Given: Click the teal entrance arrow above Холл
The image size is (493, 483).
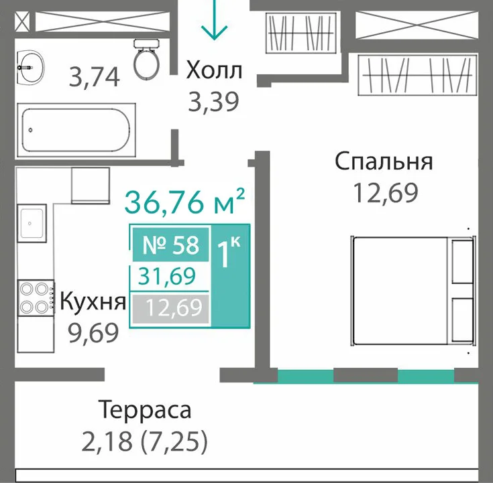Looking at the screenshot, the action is (214, 19).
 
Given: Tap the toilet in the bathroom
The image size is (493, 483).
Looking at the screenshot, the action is (146, 59).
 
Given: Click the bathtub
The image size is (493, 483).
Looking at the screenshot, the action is (76, 130).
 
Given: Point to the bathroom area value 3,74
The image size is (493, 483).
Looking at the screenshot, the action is (94, 76).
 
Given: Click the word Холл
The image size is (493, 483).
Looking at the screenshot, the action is (214, 70).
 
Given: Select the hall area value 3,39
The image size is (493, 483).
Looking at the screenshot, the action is (214, 101).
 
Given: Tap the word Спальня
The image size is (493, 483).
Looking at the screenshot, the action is (384, 162).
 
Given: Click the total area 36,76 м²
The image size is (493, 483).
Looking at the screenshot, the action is (184, 201).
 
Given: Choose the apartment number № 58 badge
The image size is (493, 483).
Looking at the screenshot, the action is (171, 245).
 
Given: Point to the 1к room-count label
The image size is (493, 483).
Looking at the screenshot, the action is (229, 253).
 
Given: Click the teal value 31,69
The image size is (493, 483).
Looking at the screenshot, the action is (167, 277).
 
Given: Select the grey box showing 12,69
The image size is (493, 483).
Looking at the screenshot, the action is (171, 309).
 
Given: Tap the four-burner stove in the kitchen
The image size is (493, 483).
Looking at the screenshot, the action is (36, 297).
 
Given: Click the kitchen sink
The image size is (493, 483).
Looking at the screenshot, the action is (32, 223).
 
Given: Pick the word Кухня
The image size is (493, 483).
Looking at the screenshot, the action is (93, 301).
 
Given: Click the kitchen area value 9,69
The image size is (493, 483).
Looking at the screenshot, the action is (94, 333).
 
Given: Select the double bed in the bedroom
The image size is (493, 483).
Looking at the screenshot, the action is (413, 291).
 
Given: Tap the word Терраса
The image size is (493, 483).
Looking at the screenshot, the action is (145, 410).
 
